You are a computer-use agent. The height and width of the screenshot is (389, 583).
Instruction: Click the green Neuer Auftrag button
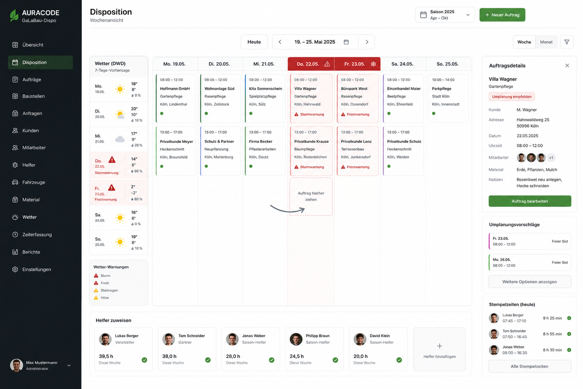click(x=502, y=15)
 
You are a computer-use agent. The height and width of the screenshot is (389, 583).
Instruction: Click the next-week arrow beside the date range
click(x=367, y=42)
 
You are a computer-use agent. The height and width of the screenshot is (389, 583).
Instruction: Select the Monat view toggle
click(x=546, y=42)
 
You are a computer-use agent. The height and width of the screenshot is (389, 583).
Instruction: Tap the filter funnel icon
click(x=567, y=42)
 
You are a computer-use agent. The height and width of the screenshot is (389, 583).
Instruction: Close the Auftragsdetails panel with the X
click(x=567, y=66)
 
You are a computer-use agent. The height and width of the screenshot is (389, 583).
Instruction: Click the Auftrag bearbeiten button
click(x=530, y=201)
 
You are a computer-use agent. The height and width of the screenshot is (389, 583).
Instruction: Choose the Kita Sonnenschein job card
click(x=265, y=98)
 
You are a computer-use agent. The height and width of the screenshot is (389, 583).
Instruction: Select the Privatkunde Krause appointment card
click(x=311, y=151)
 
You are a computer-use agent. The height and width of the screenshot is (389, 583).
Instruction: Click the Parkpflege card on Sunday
click(x=448, y=98)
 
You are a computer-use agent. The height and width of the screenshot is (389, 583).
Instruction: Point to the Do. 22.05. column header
click(x=311, y=64)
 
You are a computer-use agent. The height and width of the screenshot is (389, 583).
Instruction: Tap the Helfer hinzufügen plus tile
click(x=439, y=349)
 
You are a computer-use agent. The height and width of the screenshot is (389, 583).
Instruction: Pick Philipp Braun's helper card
click(x=314, y=349)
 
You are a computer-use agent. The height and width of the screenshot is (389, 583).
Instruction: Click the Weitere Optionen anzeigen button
click(x=530, y=282)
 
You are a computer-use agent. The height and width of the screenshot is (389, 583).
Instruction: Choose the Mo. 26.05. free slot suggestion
click(x=530, y=263)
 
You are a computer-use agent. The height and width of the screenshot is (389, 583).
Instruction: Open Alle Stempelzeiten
click(x=530, y=366)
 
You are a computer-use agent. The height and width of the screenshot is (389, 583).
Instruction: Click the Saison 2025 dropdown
click(x=445, y=15)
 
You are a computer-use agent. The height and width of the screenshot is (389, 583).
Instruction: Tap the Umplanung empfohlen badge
click(x=512, y=97)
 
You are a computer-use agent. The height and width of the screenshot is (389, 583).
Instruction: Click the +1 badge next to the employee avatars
click(x=551, y=158)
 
